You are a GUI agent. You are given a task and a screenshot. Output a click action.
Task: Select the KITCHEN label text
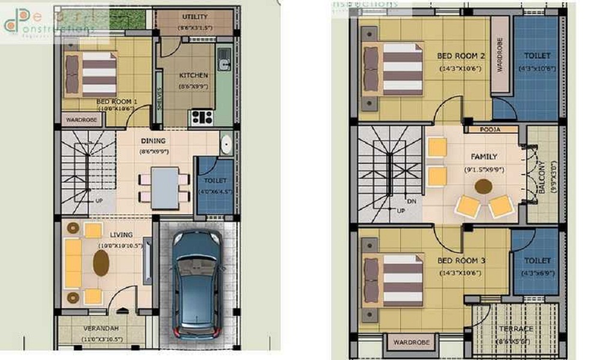194,76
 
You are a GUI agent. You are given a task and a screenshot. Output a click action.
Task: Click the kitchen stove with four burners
201,117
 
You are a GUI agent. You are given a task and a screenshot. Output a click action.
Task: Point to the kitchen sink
224,59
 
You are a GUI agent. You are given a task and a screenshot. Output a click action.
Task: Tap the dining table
164,188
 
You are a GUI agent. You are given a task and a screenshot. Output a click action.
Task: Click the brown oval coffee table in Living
101,263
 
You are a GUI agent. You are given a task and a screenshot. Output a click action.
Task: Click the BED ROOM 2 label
461,56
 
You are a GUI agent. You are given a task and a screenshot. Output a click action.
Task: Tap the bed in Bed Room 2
394,68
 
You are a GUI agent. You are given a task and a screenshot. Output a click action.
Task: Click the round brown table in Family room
483,186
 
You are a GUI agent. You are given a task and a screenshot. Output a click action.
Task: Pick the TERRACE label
516,329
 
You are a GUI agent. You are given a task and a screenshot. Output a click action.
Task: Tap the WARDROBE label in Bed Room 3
411,343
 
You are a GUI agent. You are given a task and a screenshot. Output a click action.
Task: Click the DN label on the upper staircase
411,202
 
